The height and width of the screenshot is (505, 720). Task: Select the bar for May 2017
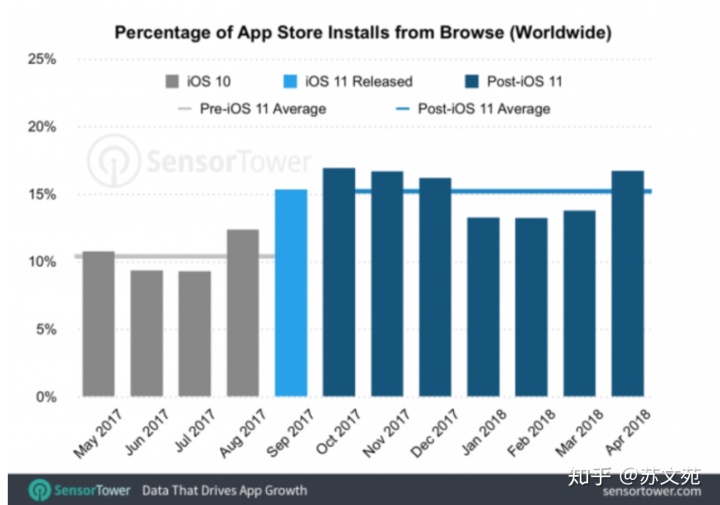[98, 324]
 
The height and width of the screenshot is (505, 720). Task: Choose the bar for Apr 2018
[627, 284]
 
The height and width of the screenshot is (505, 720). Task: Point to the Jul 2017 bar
[194, 334]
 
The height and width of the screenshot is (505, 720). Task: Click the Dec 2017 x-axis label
[427, 432]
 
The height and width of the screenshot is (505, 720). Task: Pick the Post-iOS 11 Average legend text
[482, 108]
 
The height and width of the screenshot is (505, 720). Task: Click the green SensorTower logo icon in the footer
[39, 490]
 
